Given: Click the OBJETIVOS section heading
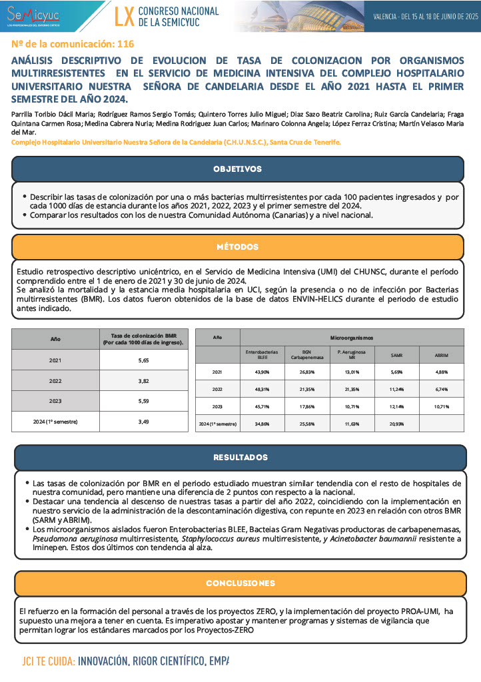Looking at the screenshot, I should coord(237,169).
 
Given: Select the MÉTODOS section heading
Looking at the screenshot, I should coord(237,247).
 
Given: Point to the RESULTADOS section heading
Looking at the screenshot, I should coord(240,458).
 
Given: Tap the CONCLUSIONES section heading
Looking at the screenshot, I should coord(240,583).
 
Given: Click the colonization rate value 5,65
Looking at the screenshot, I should coord(143,360).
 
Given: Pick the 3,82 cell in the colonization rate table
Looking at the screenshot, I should coord(143,381).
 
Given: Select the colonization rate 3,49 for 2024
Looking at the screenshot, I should coord(143,422).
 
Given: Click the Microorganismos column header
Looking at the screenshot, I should coord(352,338).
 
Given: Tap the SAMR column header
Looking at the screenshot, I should coord(396,355).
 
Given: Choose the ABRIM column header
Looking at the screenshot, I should coord(441,355).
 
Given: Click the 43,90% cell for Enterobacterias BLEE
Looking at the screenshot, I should coord(262,372).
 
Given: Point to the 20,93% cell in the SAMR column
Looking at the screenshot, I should coord(396,424).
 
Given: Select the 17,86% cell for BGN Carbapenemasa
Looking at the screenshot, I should coord(306,406).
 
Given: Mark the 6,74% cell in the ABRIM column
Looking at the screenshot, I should coord(441,389).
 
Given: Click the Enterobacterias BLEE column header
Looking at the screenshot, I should coord(262,355).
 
